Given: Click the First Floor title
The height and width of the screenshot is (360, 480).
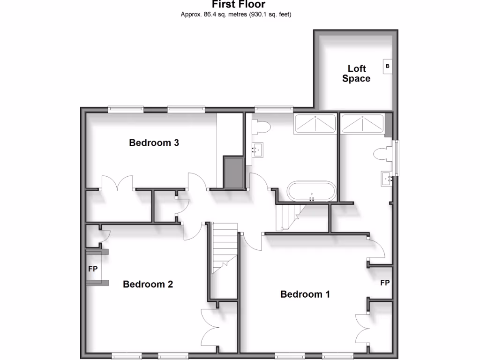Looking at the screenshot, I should coord(239,5).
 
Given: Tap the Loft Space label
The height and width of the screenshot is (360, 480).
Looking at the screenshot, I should coord(356,74).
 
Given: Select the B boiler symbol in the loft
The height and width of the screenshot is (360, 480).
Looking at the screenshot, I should coord(388,67).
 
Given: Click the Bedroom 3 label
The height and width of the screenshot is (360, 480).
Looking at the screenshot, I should coord(154,142).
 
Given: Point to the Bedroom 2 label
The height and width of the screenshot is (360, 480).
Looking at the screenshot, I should coord(148,284).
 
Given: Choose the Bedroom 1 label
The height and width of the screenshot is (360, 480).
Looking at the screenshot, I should coord(305,294).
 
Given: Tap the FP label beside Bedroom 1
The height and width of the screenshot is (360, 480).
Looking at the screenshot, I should coord(385,283).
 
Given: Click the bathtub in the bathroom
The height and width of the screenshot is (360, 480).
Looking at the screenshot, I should coord(312,191).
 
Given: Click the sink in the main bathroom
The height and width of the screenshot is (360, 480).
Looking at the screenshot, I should coord(256,150).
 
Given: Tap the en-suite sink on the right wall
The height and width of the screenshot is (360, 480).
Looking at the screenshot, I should coord(387,178).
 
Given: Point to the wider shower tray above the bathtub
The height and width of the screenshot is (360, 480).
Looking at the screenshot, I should coord(315,124).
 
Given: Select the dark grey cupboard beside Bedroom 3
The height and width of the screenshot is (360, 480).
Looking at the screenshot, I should coord(233,172).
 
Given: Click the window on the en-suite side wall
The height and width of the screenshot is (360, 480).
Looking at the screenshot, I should coord(397,158).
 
